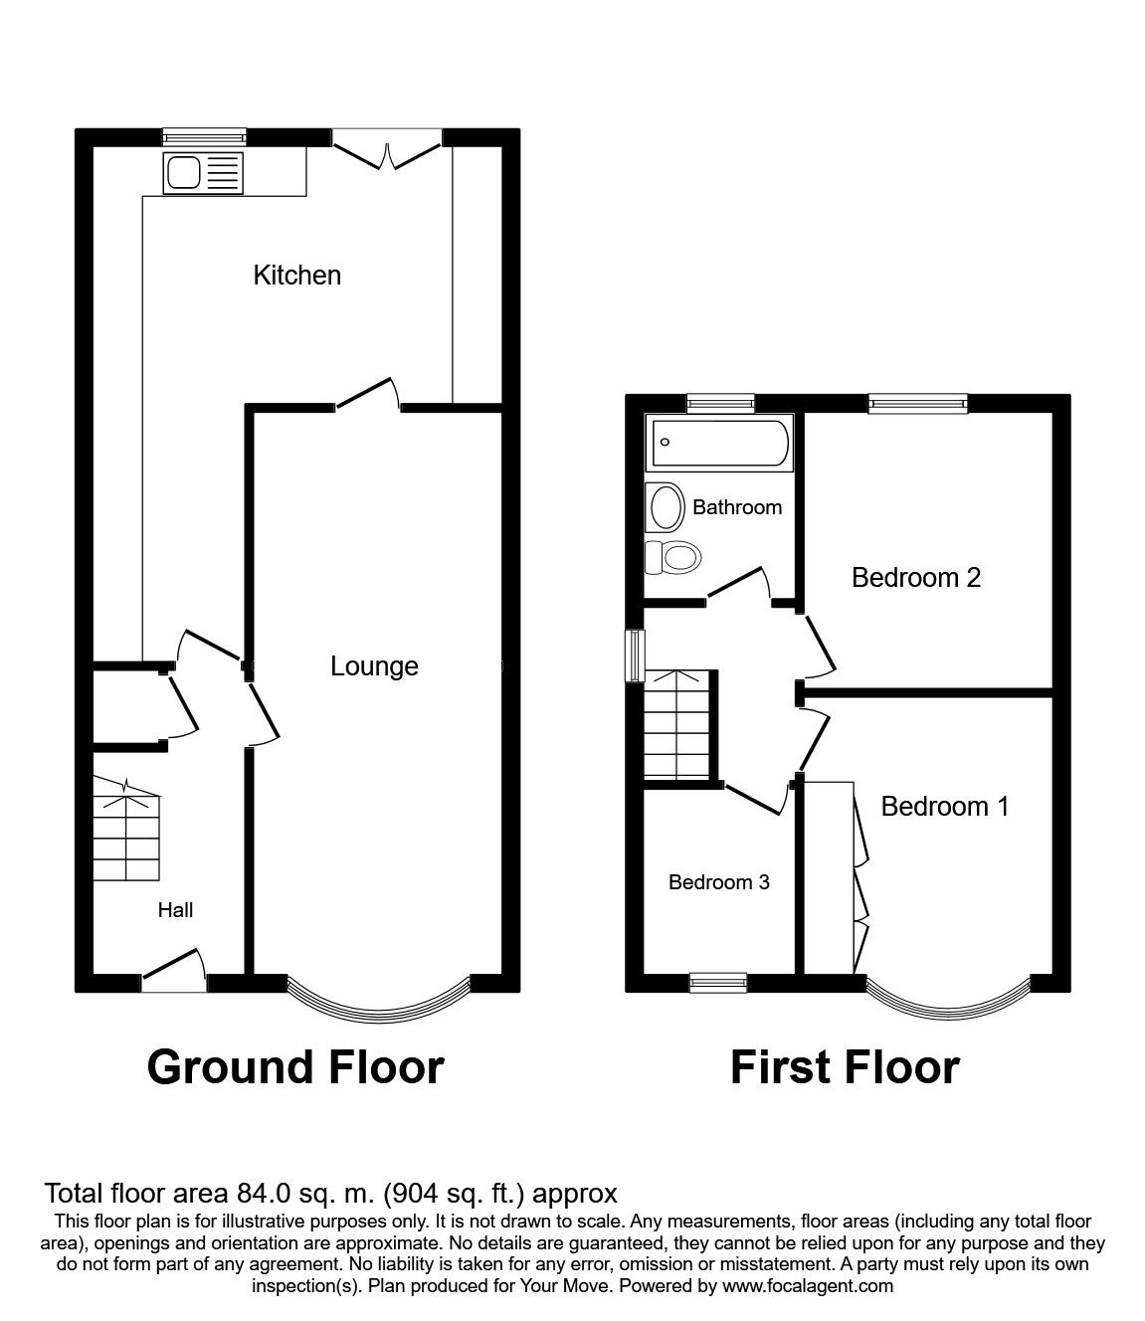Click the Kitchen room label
[x=296, y=276]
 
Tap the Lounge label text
[x=374, y=666]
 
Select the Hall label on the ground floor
[x=175, y=910]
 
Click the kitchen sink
[x=203, y=173]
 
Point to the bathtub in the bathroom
[x=719, y=443]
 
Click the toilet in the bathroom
[x=672, y=558]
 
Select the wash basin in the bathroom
[x=665, y=506]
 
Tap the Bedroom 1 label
[x=945, y=807]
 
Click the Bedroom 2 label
[x=915, y=578]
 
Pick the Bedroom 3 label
[x=718, y=882]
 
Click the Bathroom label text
[x=737, y=507]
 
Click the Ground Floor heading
[x=295, y=1068]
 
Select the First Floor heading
[x=845, y=1068]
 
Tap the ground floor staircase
[x=126, y=828]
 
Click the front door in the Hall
[x=173, y=971]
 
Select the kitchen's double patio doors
[x=387, y=149]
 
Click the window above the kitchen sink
[x=204, y=136]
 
